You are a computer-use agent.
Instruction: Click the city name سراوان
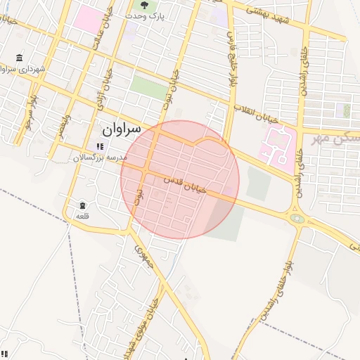point(121,129)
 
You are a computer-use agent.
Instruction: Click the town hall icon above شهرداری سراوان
point(18,58)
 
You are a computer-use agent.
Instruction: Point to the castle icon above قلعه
point(82,205)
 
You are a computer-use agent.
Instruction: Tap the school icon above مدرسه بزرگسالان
point(100,147)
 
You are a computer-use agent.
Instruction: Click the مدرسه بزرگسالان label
point(100,157)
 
